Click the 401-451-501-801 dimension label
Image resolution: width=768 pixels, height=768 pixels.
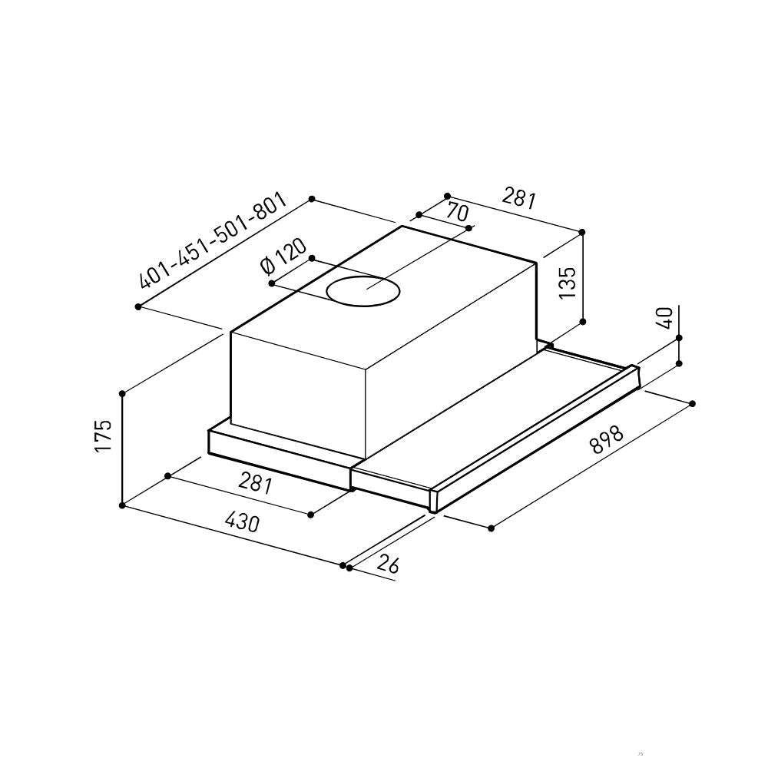(x=212, y=240)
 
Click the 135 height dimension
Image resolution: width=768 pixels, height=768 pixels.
(x=568, y=283)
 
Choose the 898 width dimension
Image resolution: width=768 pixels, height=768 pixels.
(x=607, y=439)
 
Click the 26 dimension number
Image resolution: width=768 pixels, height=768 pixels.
(x=388, y=564)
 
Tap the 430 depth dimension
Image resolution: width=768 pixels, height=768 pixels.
(x=242, y=522)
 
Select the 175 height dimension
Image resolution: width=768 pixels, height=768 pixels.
(x=104, y=435)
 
